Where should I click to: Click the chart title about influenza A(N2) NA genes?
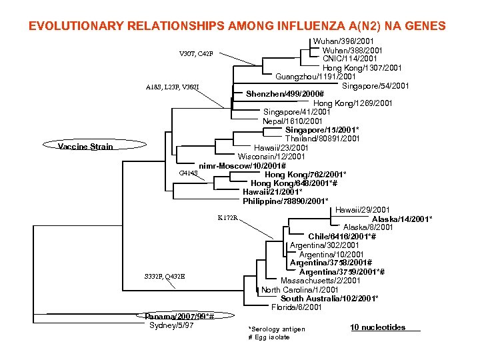coord(237,27)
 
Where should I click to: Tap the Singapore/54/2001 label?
coord(375,85)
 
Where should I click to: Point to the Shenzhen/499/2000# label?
coord(285,94)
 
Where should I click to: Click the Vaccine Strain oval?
coord(85,147)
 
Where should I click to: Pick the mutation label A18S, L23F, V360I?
coord(172,87)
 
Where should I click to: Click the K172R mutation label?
coord(229,218)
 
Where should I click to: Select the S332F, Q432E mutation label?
coord(165,276)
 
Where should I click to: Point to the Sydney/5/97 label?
coord(172,325)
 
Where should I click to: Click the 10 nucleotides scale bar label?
coord(377,327)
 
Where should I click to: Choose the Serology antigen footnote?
coord(277,329)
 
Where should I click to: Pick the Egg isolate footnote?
coord(269,337)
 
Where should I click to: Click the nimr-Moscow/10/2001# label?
coord(243,165)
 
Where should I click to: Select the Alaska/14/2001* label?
coord(402,219)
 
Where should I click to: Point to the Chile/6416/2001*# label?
coord(342,237)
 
